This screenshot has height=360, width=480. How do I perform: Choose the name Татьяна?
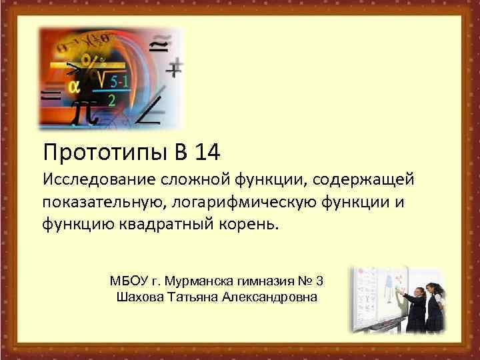click(197, 296)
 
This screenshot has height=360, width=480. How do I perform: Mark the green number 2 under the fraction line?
click(111, 99)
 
